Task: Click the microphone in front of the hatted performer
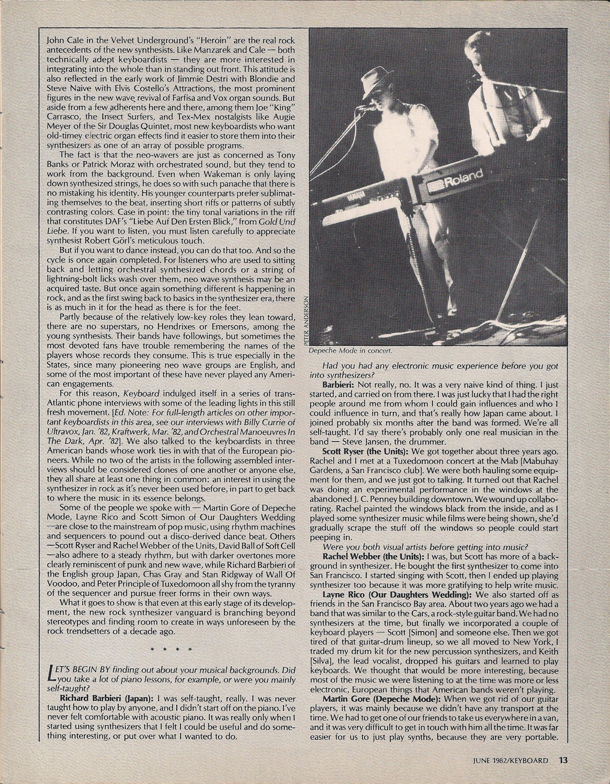point(362,108)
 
